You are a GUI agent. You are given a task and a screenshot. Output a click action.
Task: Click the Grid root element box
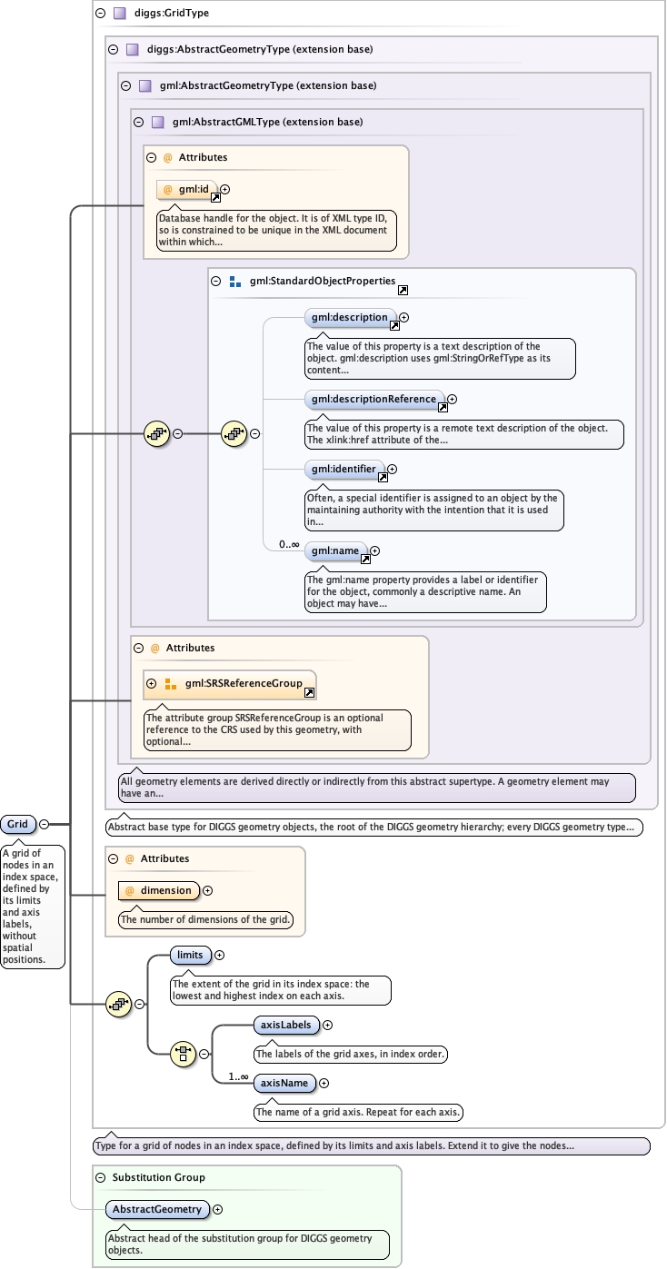pos(18,824)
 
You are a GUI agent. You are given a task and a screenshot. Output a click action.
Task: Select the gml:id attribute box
pos(187,190)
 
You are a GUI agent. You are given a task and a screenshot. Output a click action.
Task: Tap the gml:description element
pos(350,318)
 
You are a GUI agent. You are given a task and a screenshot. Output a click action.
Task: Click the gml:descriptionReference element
pos(374,400)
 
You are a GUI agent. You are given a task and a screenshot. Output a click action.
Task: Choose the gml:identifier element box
pos(343,470)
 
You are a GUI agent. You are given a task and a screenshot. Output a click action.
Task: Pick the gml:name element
pos(335,551)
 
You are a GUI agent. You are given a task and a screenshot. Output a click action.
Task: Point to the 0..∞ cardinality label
pos(289,544)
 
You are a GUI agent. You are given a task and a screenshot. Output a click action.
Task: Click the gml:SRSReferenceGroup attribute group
pos(230,684)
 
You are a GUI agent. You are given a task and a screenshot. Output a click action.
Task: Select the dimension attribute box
pos(159,890)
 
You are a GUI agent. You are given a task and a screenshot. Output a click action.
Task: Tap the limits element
pos(190,955)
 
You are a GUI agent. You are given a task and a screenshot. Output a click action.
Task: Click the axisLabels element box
pos(286,1026)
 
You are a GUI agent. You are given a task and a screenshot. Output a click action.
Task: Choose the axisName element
pos(284,1083)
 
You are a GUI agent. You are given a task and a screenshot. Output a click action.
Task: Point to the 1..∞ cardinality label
pos(239,1076)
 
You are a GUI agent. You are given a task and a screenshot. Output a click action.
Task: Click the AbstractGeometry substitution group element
pos(157,1210)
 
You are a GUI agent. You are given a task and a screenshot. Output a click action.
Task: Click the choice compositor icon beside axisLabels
pos(183,1055)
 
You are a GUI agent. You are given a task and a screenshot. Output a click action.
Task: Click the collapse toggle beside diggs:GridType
pos(101,13)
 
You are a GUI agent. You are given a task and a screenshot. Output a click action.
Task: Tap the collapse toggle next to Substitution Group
pos(101,1177)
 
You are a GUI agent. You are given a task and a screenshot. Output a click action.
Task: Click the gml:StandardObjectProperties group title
pos(323,281)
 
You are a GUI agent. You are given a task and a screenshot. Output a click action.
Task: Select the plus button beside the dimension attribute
pos(208,891)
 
